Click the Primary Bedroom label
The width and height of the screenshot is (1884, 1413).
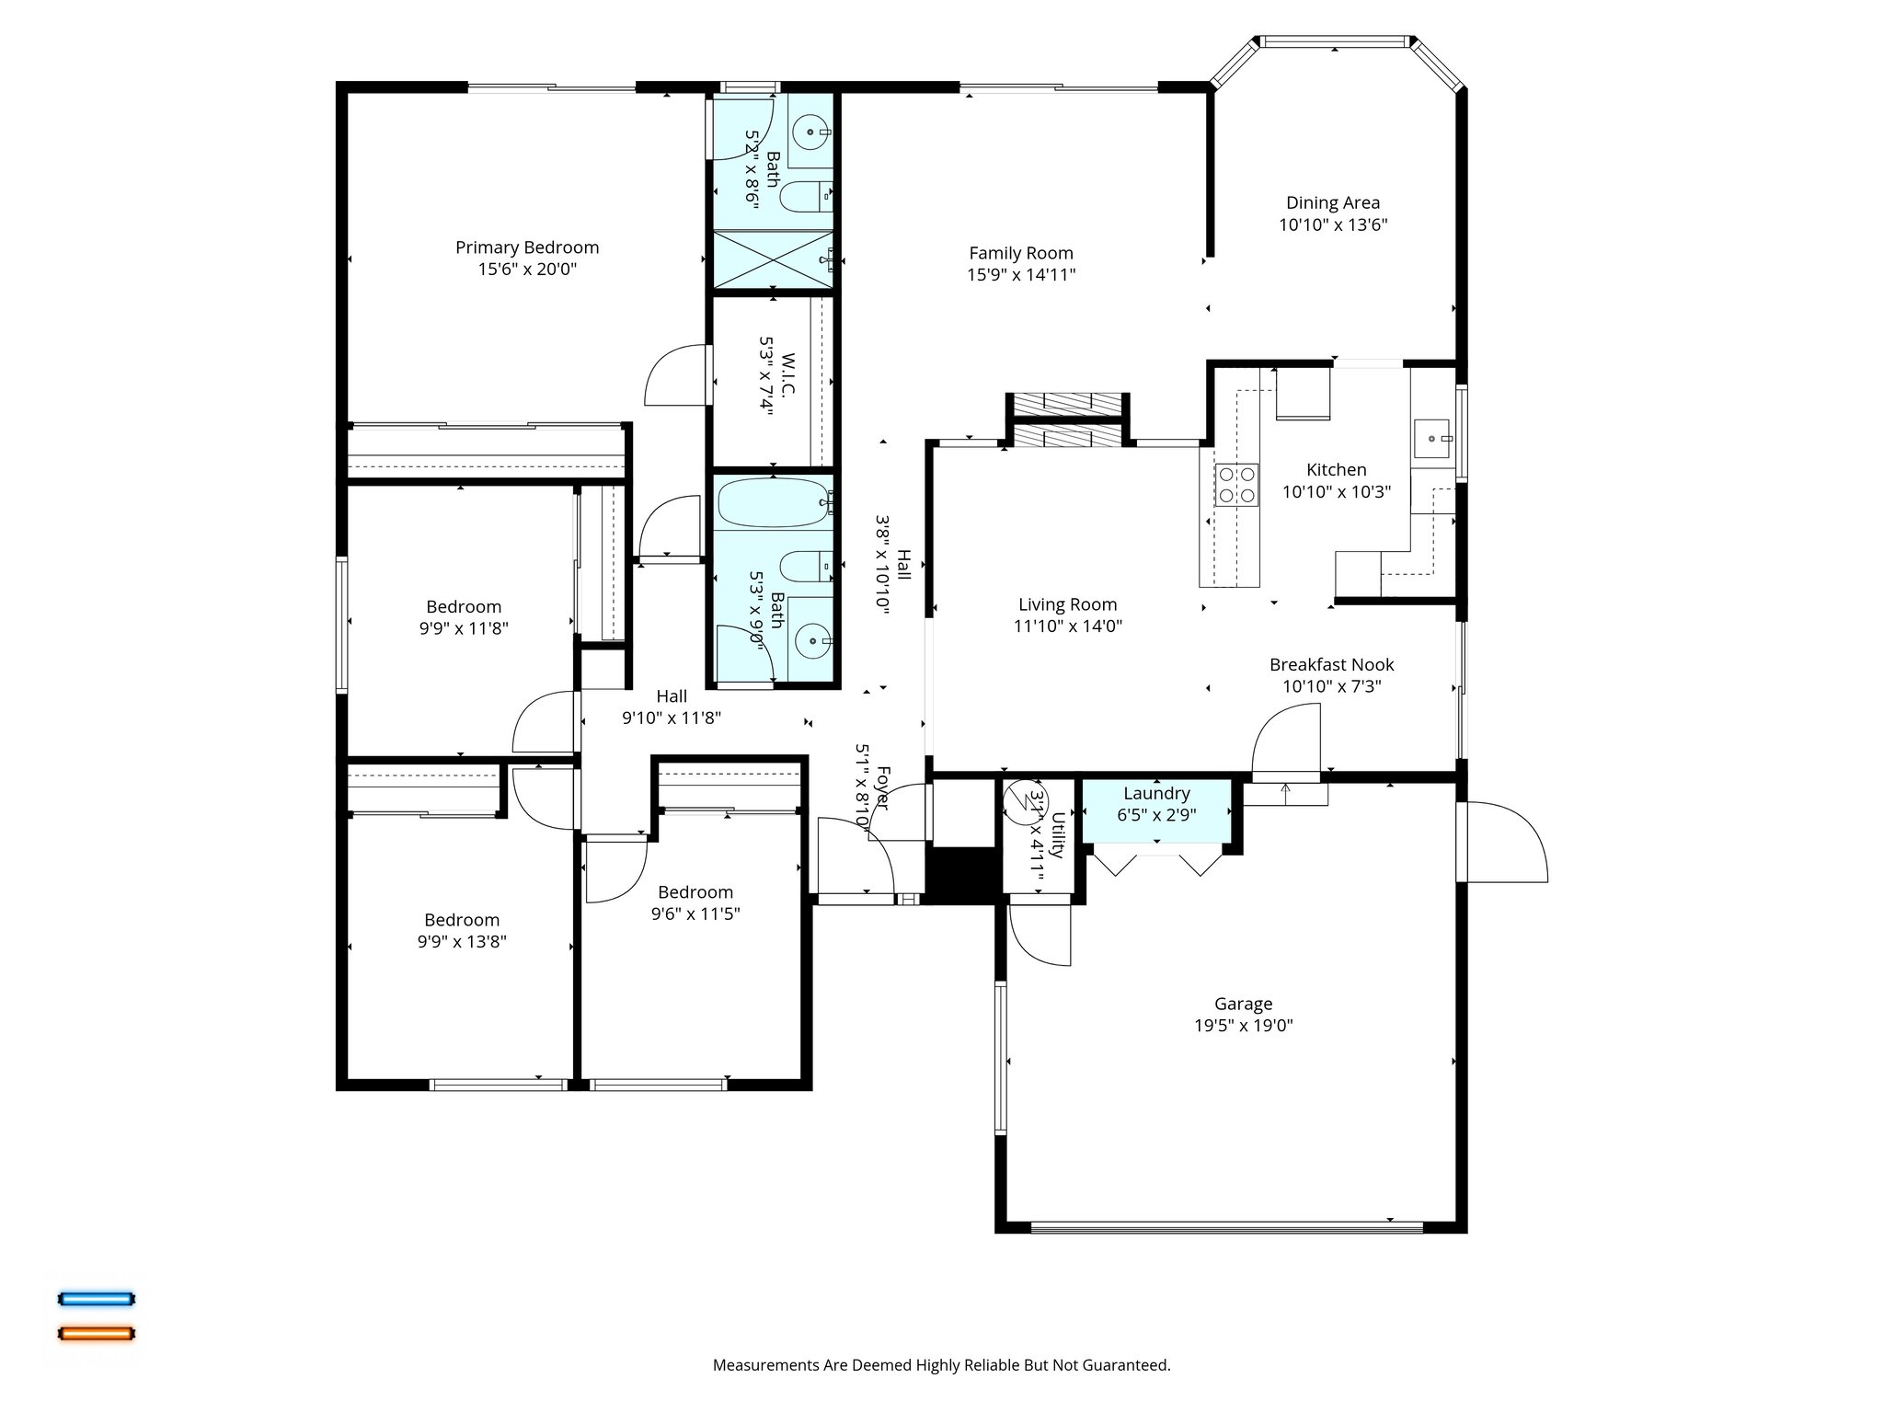coord(527,247)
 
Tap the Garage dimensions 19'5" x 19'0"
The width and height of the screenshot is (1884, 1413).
coord(1243,1026)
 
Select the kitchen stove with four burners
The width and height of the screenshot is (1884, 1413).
coord(1236,485)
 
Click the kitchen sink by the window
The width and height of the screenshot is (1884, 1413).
coord(1431,439)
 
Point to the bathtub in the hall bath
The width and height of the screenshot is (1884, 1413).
coord(774,502)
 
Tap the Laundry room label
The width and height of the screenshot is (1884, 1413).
coord(1156,793)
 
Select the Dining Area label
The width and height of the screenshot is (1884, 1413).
coord(1332,202)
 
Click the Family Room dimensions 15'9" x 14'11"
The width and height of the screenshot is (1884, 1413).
coord(1021,274)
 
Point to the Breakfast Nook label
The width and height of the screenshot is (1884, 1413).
coord(1331,664)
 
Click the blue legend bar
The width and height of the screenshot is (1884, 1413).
coord(97,1299)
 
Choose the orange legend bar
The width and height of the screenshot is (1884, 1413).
coord(97,1333)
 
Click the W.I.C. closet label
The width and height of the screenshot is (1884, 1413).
coord(787,375)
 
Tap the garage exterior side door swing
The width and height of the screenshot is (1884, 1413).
coord(1505,842)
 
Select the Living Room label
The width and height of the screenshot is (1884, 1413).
coord(1067,604)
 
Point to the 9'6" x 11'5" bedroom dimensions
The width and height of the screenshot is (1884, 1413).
coord(695,913)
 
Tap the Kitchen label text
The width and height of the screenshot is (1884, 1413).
coord(1336,470)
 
